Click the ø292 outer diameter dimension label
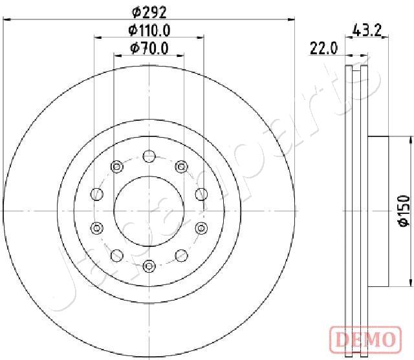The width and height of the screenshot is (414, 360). tap(149, 12)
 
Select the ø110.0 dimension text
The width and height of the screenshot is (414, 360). tap(149, 30)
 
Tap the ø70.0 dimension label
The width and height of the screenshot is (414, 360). tap(149, 48)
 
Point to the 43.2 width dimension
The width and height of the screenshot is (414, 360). tap(367, 30)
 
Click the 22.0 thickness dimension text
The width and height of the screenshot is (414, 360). tap(323, 48)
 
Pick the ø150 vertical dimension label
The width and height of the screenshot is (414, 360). tap(404, 211)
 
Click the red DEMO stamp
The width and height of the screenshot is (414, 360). tap(365, 339)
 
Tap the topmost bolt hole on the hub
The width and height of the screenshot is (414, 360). tap(149, 156)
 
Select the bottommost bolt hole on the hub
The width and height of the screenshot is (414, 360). tap(149, 266)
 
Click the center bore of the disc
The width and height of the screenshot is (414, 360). tap(149, 211)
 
